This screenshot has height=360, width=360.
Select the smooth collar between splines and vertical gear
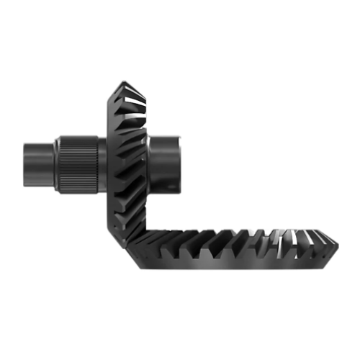point(102,164)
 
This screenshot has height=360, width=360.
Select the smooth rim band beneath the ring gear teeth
point(230,265)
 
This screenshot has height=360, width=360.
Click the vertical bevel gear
point(128,158)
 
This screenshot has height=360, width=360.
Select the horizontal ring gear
point(230,248)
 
